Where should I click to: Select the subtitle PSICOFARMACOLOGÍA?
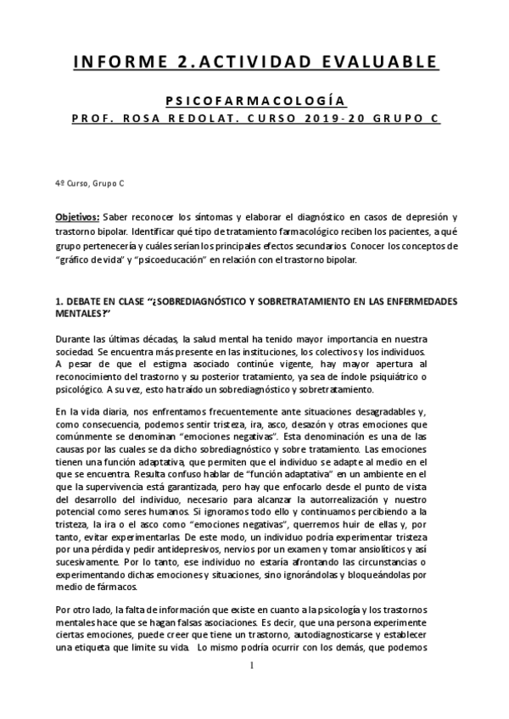pyautogui.click(x=254, y=100)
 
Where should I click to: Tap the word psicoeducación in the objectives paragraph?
pyautogui.click(x=197, y=259)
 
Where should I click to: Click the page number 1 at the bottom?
pyautogui.click(x=253, y=688)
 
